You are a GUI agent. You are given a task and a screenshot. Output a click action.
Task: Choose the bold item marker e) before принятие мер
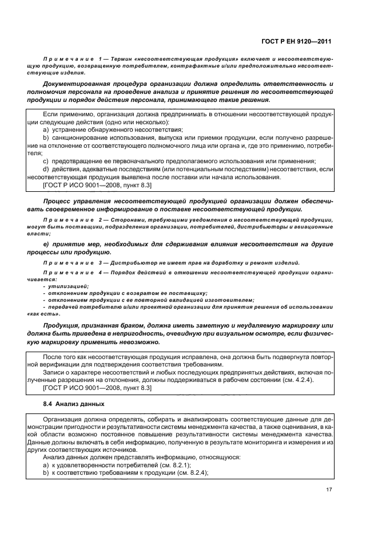(x=46, y=245)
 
